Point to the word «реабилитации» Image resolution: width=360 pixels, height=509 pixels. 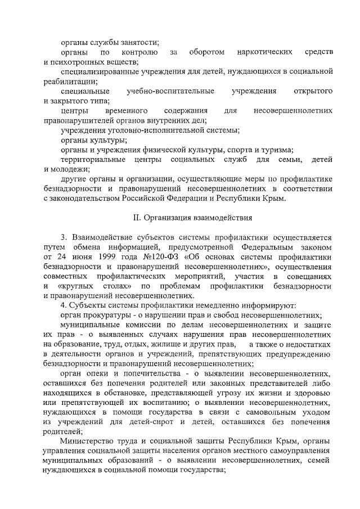[67, 81]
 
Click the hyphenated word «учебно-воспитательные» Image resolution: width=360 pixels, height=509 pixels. [170, 91]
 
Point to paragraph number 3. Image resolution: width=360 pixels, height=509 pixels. [64, 237]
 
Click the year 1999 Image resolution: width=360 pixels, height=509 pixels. [100, 257]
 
